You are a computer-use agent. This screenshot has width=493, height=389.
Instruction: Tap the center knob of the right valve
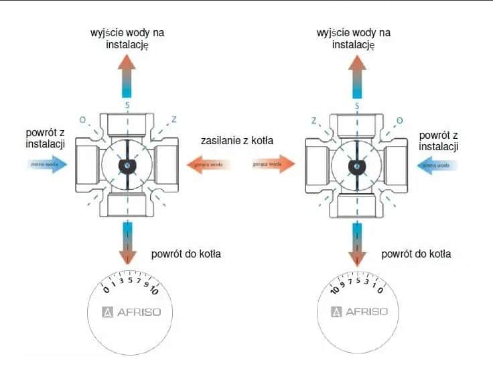click(356, 164)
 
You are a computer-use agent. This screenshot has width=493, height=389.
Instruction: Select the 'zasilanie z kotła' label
click(240, 142)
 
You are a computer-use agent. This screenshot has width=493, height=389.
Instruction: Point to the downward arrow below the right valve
click(356, 244)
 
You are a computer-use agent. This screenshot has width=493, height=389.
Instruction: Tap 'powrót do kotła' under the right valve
click(416, 254)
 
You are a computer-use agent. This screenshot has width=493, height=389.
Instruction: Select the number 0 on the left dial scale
click(104, 290)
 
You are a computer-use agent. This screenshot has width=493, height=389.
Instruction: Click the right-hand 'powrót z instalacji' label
click(437, 141)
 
